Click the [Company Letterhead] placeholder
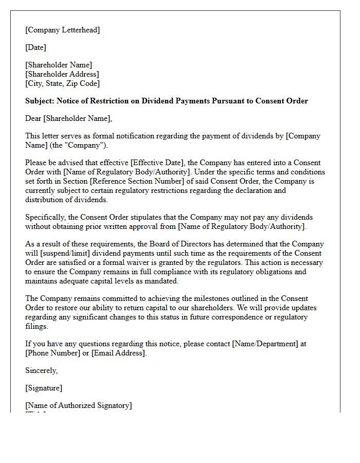62,30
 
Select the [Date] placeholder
35,47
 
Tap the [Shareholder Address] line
62,74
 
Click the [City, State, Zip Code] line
62,83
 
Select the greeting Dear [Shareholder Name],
68,118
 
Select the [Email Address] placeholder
118,353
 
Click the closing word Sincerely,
41,370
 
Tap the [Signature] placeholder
44,388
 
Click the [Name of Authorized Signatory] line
78,405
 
